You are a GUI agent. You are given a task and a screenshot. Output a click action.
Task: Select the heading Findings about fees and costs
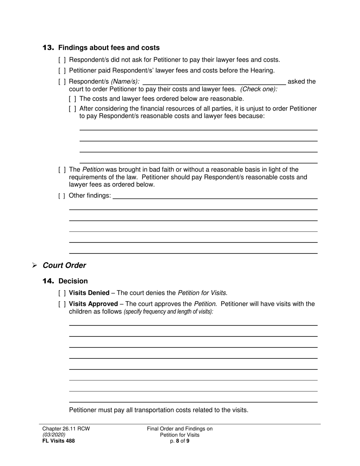click(x=109, y=48)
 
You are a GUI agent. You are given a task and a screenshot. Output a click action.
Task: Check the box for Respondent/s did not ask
click(x=62, y=60)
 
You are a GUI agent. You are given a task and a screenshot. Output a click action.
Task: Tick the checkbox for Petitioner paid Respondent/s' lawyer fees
click(x=62, y=70)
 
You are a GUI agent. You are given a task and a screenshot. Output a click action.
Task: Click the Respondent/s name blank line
click(x=214, y=82)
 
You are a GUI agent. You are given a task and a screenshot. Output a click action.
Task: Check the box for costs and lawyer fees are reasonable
click(x=73, y=99)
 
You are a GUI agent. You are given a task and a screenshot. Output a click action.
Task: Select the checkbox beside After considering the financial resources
click(x=73, y=109)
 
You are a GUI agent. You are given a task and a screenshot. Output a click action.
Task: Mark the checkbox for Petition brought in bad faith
click(x=62, y=170)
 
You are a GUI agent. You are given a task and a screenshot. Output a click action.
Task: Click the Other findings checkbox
click(x=62, y=196)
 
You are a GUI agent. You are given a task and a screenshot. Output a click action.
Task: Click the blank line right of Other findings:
click(x=215, y=196)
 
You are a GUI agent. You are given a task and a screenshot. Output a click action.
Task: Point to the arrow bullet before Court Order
click(x=34, y=266)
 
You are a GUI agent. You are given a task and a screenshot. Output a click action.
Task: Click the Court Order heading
click(x=64, y=266)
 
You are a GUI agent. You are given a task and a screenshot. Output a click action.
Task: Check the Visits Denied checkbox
click(x=62, y=293)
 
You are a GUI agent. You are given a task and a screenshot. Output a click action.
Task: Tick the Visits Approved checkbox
click(x=62, y=304)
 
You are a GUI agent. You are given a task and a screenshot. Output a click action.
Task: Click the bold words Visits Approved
click(x=93, y=304)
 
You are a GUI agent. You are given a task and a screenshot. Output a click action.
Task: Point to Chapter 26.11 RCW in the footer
click(x=66, y=429)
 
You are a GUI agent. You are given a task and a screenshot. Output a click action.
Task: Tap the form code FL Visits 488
click(x=58, y=441)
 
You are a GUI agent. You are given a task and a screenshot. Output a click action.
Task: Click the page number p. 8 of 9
click(x=180, y=441)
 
